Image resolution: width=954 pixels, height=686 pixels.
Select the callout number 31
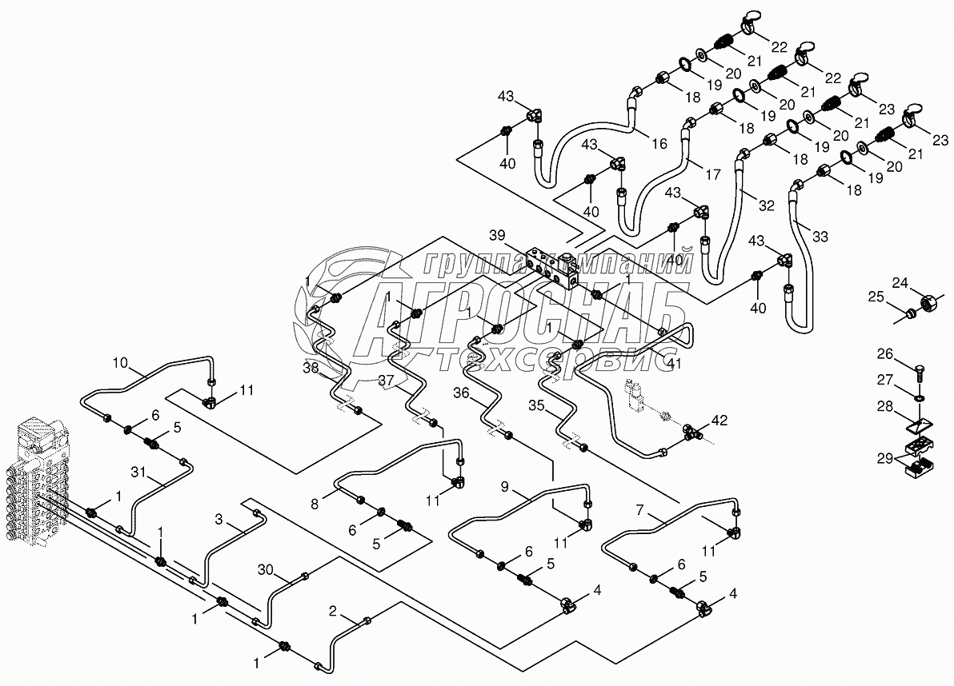[139, 473]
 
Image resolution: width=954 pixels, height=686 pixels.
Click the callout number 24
[901, 282]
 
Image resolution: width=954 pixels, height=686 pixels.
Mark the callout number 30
[266, 570]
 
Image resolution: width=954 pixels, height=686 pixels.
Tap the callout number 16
[659, 144]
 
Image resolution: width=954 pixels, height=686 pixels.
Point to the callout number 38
[311, 369]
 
